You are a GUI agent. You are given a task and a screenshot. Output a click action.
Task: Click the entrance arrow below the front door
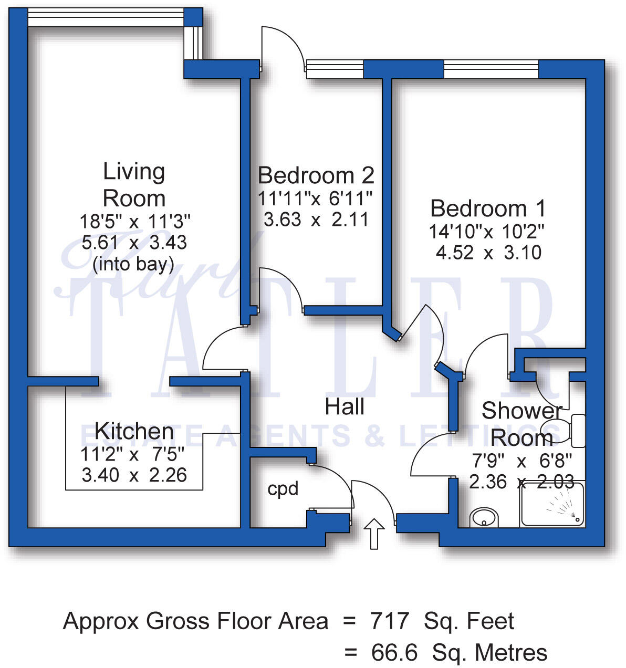click(x=374, y=533)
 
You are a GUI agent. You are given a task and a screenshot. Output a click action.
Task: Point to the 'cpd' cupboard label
click(x=283, y=489)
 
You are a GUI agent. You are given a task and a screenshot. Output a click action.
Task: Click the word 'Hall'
click(x=345, y=407)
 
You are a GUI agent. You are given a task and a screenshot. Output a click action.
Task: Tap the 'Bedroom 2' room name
click(x=316, y=175)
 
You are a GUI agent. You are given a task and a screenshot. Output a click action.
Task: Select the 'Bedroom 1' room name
click(x=488, y=208)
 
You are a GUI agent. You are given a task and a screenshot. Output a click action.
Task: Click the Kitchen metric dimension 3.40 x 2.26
click(x=134, y=475)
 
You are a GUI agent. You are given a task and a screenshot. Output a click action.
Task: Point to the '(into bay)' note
click(x=133, y=264)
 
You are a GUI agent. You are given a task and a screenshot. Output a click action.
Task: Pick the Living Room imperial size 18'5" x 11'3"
click(x=134, y=221)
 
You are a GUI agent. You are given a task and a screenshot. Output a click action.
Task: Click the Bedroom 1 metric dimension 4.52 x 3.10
click(x=488, y=253)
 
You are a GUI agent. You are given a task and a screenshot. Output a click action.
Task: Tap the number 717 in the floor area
click(x=389, y=621)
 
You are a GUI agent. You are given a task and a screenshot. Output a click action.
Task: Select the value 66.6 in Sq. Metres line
click(x=394, y=653)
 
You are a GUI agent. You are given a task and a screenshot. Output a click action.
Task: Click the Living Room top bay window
click(x=105, y=17)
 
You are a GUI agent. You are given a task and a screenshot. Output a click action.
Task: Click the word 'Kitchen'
click(x=134, y=431)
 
